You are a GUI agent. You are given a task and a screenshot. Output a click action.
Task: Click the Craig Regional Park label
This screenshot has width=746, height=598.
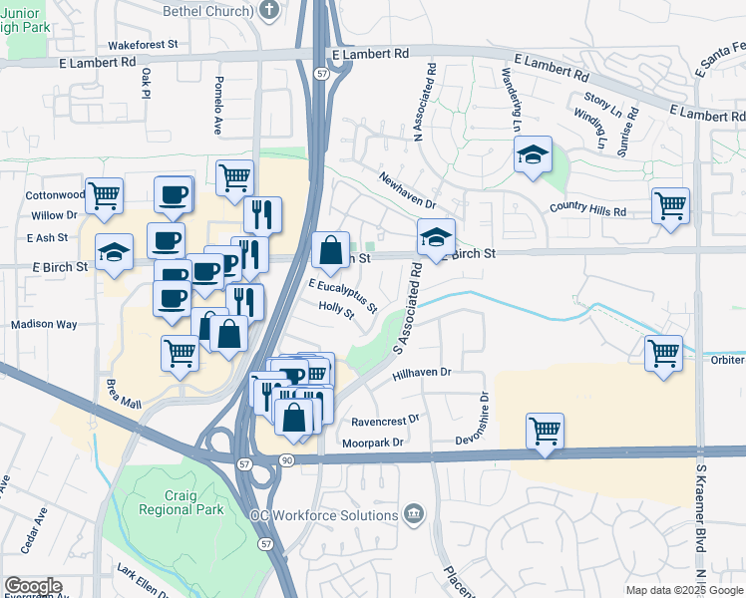[x=167, y=499]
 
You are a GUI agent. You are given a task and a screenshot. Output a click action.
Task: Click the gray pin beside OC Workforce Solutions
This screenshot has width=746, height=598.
[x=414, y=515]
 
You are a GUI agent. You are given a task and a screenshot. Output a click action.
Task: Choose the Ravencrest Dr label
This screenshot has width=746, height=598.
[x=385, y=421]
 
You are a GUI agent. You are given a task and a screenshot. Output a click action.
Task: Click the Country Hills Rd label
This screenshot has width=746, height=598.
[x=588, y=211]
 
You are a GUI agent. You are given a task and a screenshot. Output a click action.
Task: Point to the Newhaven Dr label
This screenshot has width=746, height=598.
[x=407, y=189]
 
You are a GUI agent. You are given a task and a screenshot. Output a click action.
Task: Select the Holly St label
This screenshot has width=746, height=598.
[x=336, y=314]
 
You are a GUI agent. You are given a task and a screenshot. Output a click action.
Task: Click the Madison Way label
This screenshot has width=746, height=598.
[x=44, y=325]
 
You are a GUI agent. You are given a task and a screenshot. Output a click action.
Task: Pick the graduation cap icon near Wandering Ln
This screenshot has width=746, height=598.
[x=533, y=154]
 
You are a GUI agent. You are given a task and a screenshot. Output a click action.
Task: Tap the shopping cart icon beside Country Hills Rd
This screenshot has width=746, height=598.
[x=670, y=205]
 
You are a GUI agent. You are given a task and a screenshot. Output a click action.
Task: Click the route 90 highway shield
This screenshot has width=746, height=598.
[x=287, y=459]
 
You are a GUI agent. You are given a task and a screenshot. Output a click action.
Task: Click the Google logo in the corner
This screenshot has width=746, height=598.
[x=33, y=586]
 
